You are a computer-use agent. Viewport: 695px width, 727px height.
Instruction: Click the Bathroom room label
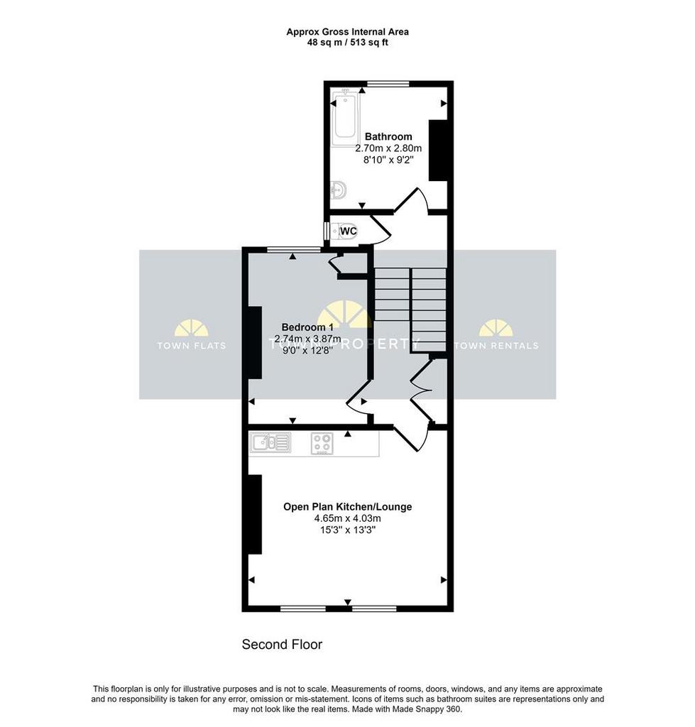pos(388,136)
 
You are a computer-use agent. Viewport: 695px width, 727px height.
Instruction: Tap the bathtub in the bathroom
pos(345,114)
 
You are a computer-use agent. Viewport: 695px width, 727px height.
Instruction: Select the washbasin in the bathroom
pos(339,190)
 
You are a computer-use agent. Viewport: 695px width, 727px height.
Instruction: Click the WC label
pos(348,231)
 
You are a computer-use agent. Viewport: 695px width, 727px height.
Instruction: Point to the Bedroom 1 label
pos(307,327)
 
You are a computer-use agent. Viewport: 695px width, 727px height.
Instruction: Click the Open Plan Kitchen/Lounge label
pos(348,507)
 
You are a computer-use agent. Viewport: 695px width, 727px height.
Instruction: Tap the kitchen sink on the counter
pos(270,442)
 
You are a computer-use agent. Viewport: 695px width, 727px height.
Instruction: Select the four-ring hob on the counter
pos(322,443)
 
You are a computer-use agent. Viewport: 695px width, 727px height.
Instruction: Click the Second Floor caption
pos(282,645)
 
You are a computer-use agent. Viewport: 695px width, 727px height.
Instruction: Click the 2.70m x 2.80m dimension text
pos(388,148)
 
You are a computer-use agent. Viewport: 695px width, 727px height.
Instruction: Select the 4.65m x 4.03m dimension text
pos(348,518)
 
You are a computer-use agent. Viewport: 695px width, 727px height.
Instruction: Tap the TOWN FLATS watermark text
pos(192,346)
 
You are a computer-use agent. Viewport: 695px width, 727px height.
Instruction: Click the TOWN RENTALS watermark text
pos(496,346)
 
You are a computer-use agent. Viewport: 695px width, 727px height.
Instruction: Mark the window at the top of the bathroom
pos(388,84)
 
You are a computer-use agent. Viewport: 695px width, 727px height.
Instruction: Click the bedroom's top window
pos(294,250)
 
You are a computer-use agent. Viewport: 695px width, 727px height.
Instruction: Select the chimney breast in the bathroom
pos(438,151)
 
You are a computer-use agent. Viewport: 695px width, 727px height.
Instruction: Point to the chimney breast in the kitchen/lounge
pos(255,514)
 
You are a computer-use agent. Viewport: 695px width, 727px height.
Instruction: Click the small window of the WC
pos(327,231)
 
